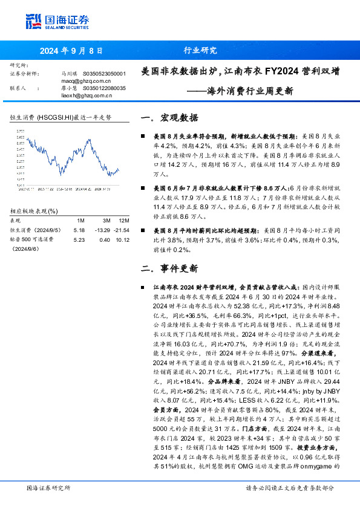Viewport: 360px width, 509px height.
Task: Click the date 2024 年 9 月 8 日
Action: point(72,51)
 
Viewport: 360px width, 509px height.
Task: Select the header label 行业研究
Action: point(200,51)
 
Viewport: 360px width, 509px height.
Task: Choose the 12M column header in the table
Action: point(123,220)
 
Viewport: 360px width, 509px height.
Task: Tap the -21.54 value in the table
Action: point(123,230)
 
